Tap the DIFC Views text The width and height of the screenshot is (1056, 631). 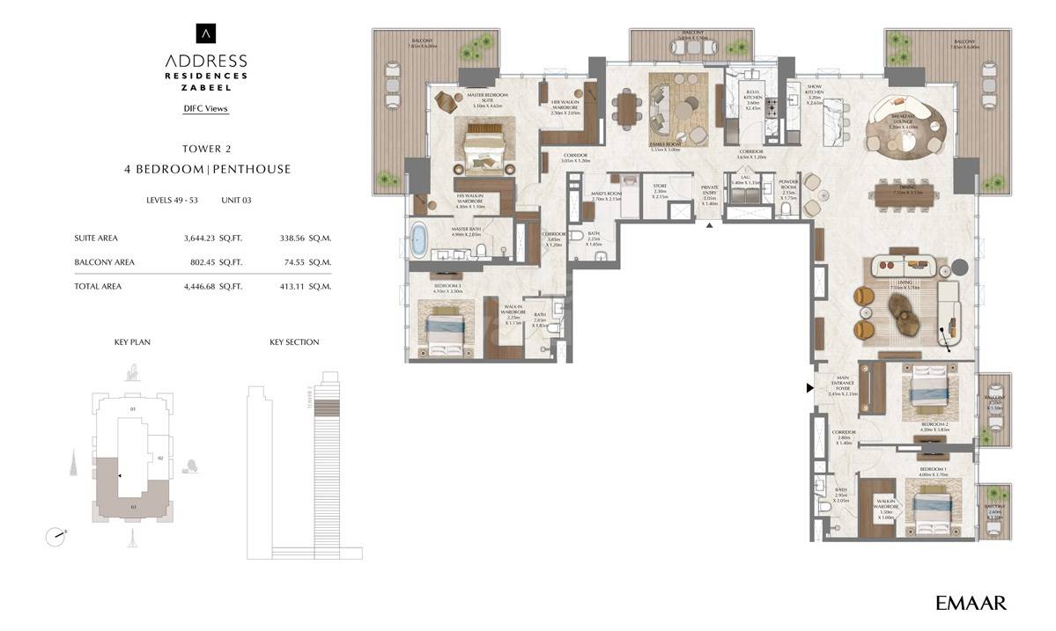tap(205, 109)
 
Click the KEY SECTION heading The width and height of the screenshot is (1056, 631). tap(294, 341)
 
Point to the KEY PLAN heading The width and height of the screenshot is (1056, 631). tap(132, 341)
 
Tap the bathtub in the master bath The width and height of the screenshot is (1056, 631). tap(419, 240)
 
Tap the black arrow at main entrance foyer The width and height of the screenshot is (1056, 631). tap(810, 387)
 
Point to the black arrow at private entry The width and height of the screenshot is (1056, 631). tap(710, 224)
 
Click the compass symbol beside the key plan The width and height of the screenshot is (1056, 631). tap(55, 534)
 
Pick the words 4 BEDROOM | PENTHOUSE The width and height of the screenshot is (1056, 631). tap(207, 169)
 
